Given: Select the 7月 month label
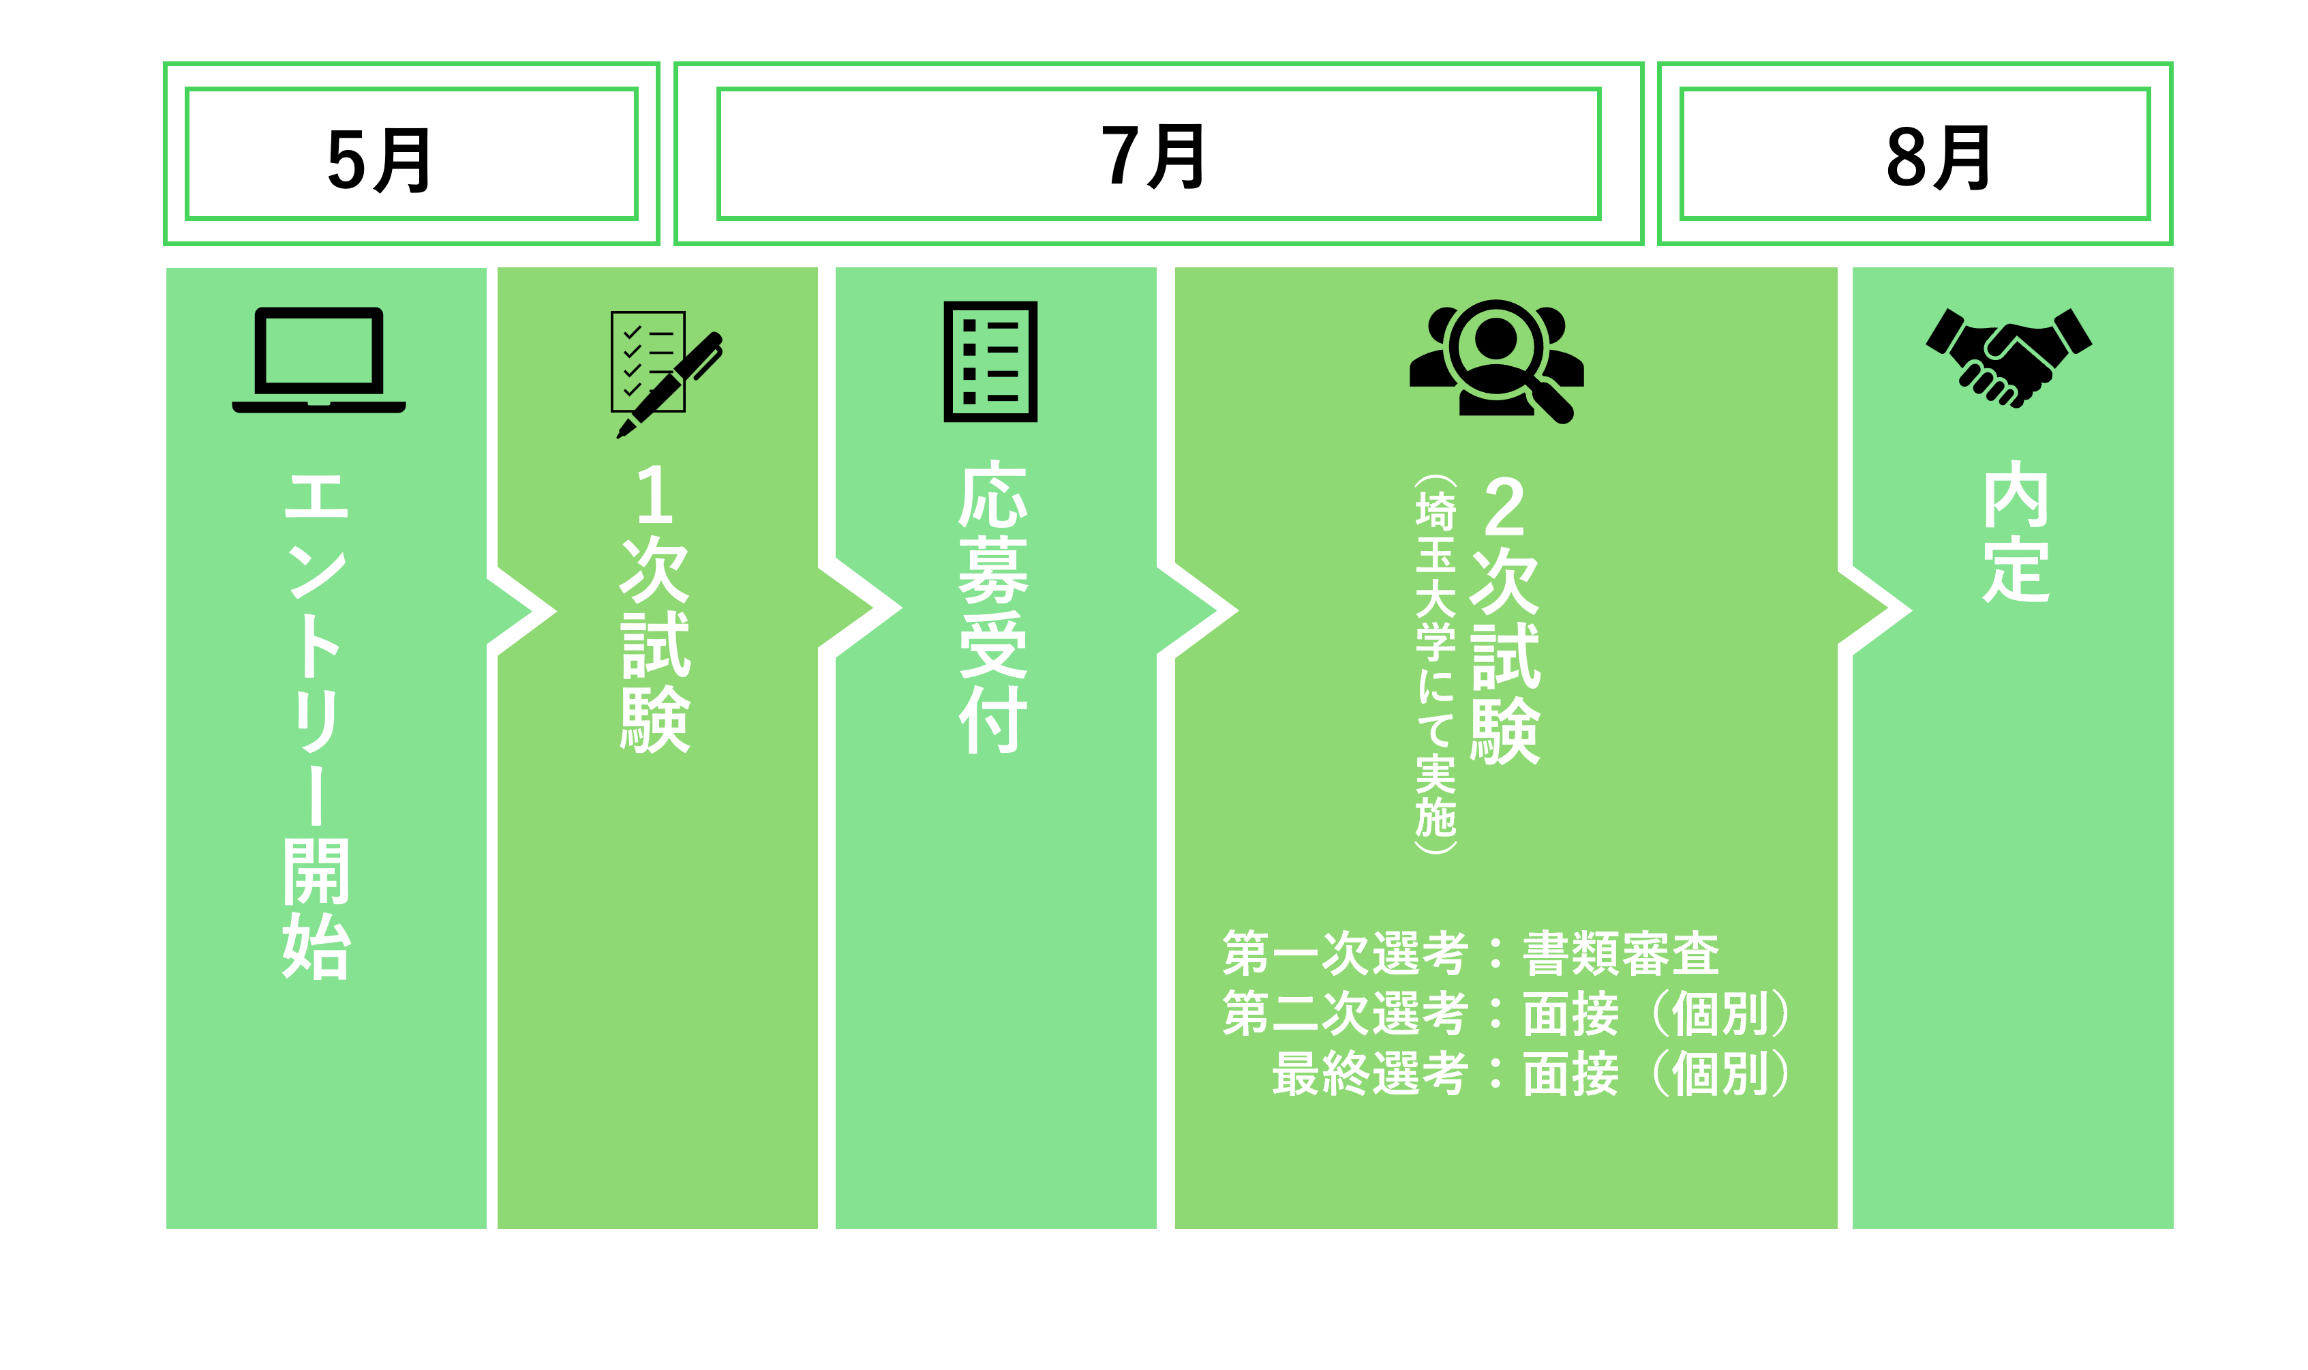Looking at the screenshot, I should click(x=1153, y=156).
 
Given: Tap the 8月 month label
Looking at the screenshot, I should click(x=1937, y=157).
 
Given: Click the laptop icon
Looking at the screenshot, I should click(x=318, y=360).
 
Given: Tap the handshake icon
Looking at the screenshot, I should click(x=2008, y=357).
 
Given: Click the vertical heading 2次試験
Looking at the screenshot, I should click(x=1504, y=619).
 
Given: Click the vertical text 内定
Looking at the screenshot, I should click(x=2016, y=533).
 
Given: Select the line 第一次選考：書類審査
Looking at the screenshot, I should click(x=1470, y=953).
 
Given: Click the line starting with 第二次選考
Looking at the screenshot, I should click(x=1504, y=1013).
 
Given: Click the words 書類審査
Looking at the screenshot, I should click(x=1620, y=953).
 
